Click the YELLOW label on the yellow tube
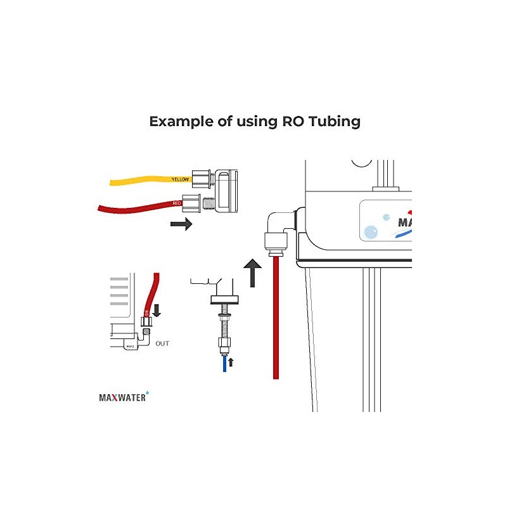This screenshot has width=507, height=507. (x=180, y=179)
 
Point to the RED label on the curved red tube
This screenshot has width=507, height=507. (x=177, y=203)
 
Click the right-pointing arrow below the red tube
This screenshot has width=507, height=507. (x=181, y=224)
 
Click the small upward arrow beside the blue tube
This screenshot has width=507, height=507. (x=231, y=363)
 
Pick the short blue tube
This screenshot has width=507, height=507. (x=224, y=364)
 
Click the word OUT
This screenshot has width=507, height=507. (x=162, y=343)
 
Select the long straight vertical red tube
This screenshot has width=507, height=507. (x=276, y=317)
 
